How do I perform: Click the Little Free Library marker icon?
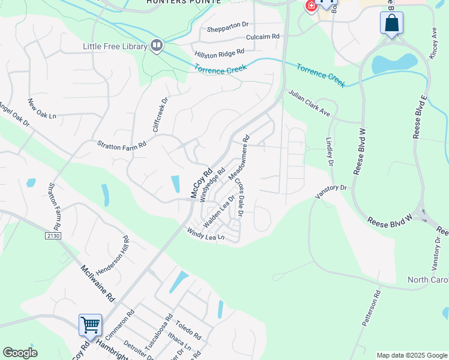(x=157, y=46)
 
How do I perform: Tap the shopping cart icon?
(x=90, y=325)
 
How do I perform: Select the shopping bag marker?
(x=391, y=24)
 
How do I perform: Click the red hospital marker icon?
(x=311, y=6)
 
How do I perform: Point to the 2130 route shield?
(x=52, y=236)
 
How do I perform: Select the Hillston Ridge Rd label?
(x=220, y=54)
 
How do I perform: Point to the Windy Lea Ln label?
(x=205, y=234)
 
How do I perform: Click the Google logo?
(x=20, y=353)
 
